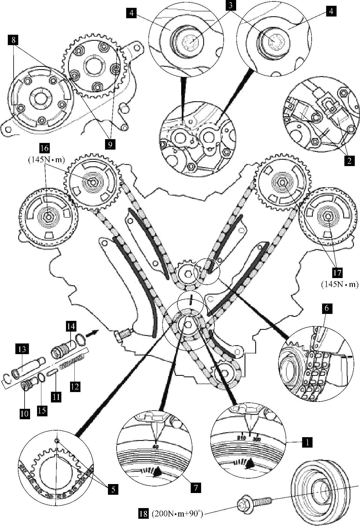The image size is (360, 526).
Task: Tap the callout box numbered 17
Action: tap(337, 273)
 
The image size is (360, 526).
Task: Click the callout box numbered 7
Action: tap(196, 488)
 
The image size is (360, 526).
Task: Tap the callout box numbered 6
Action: tap(327, 308)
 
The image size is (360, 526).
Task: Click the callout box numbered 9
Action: tap(110, 144)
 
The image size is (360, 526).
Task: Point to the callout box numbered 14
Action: tap(71, 326)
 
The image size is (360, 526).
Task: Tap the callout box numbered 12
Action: tap(75, 386)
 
